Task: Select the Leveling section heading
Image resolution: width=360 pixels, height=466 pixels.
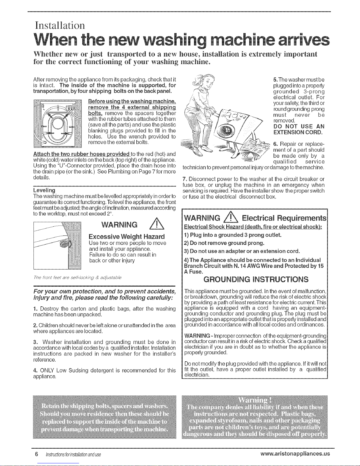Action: [x=44, y=190]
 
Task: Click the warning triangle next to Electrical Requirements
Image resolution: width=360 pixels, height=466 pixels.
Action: [x=231, y=218]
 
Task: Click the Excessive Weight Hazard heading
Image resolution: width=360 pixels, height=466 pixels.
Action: [x=127, y=237]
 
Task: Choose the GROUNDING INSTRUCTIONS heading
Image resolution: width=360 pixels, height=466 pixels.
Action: [x=256, y=279]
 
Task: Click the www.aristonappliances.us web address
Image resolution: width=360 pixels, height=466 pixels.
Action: [x=295, y=454]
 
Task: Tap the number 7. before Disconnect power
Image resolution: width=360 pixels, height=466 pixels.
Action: [x=185, y=179]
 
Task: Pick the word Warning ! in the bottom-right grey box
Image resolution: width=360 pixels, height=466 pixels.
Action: [x=255, y=400]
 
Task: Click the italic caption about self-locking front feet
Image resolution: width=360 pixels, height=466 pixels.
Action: [x=78, y=278]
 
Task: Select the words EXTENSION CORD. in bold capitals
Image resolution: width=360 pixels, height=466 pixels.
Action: [x=298, y=132]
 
